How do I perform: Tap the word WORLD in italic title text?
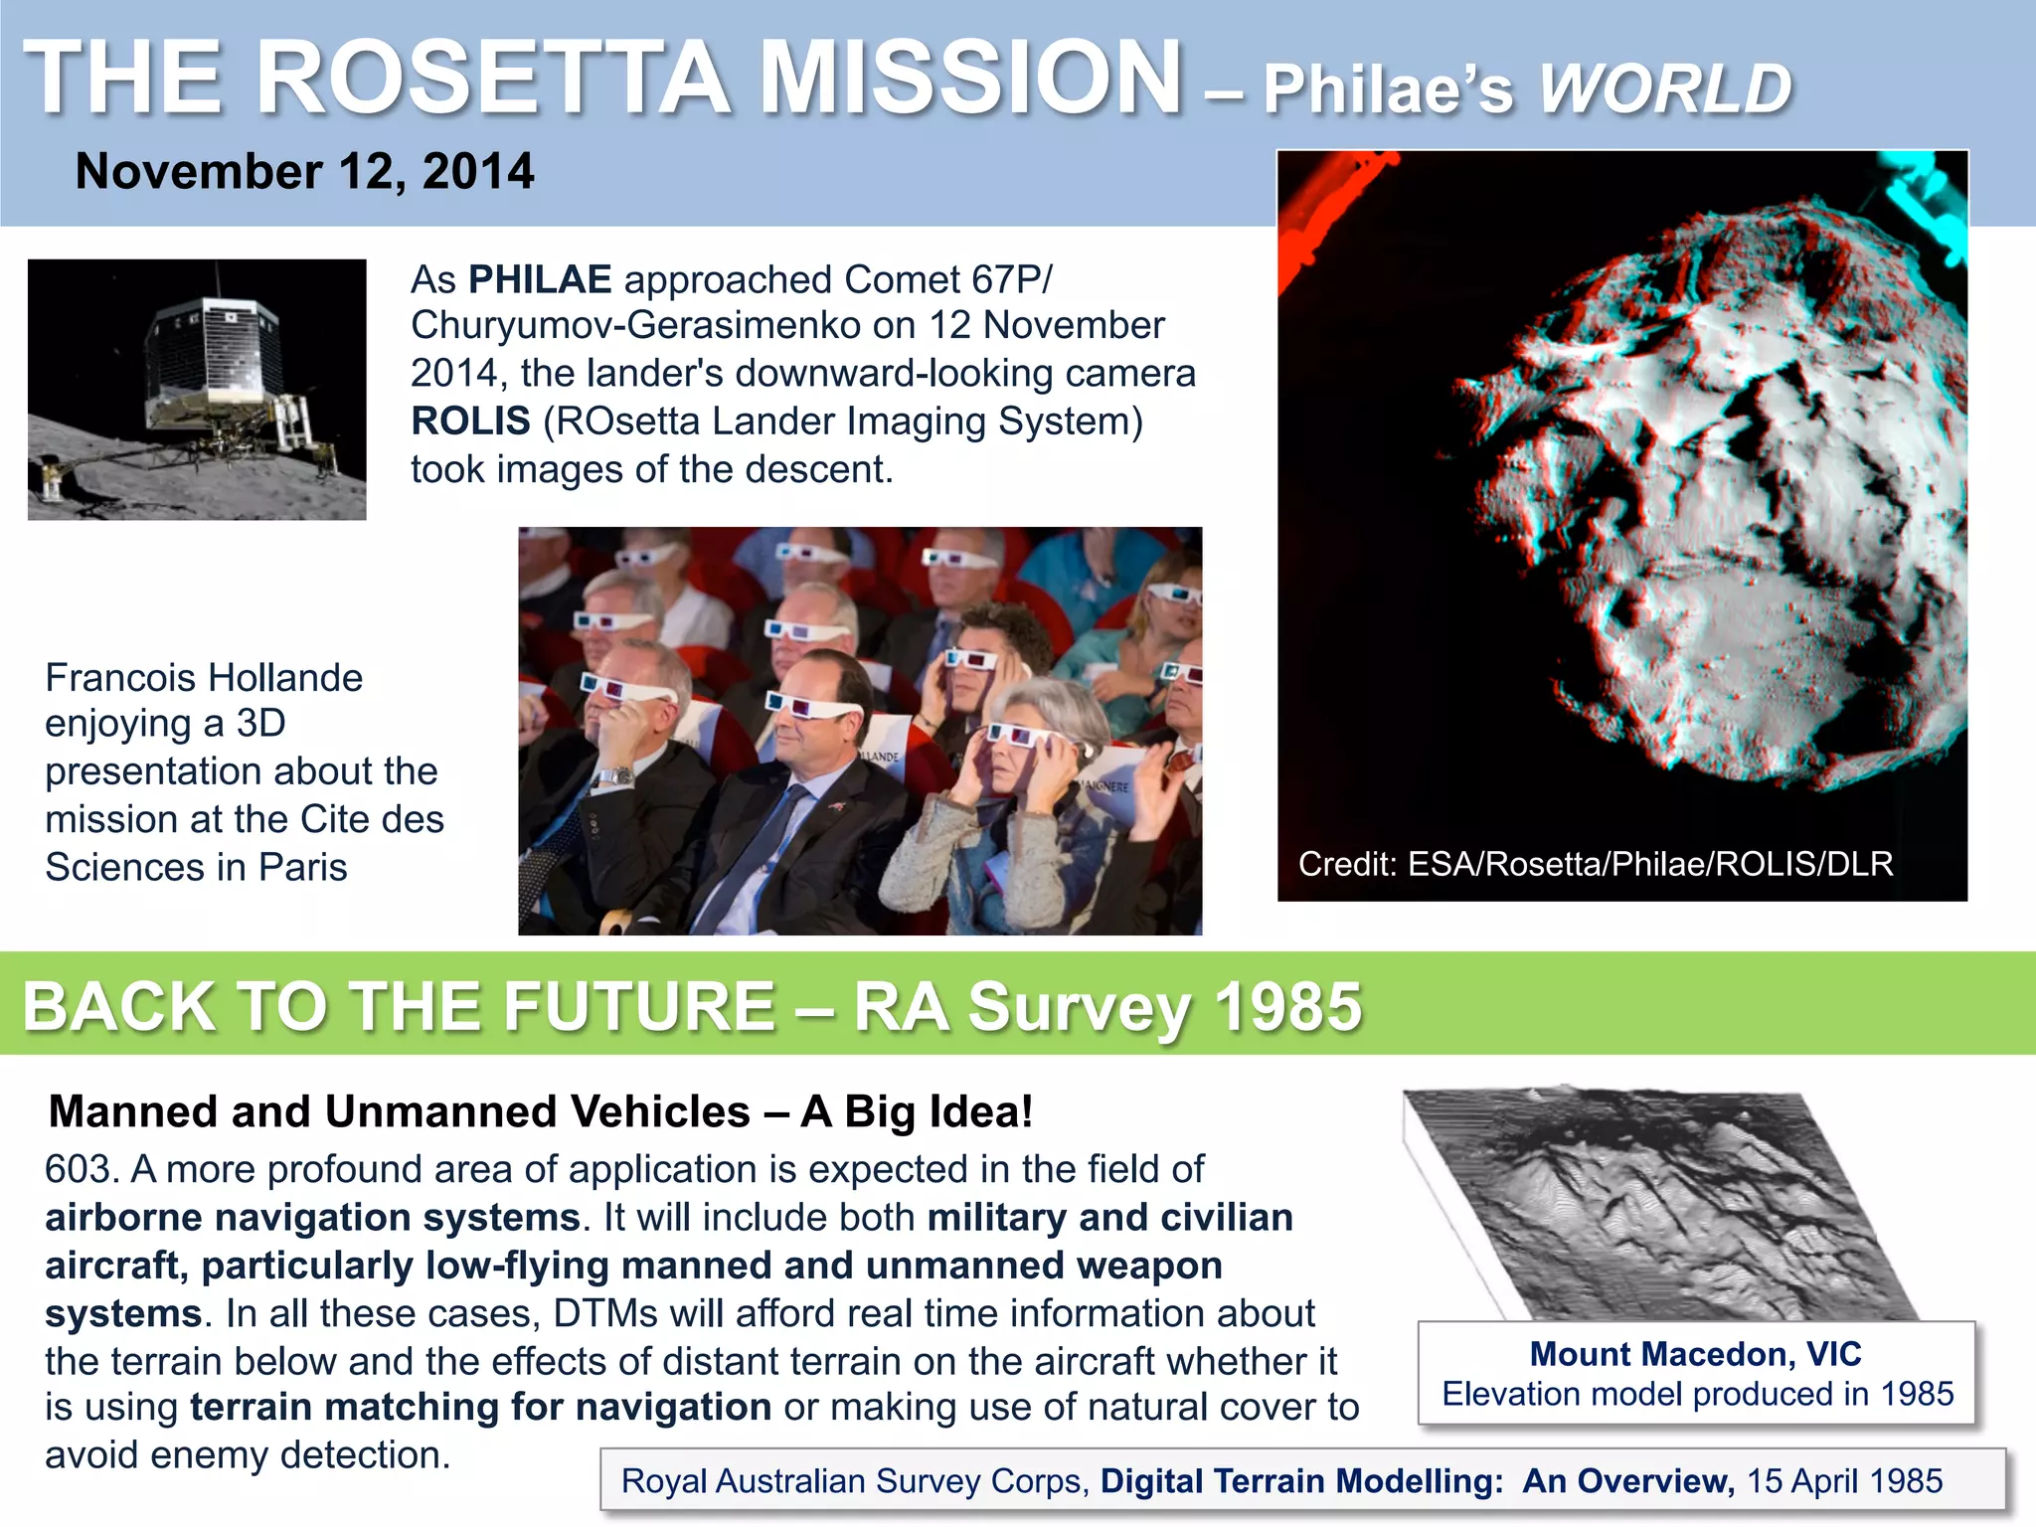[x=1665, y=90]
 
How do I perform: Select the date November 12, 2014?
[x=304, y=171]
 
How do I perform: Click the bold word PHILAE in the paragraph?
[x=540, y=280]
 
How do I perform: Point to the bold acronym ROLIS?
[x=470, y=422]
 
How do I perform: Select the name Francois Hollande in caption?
[x=204, y=678]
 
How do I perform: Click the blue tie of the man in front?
[x=756, y=855]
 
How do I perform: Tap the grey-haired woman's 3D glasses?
[x=1024, y=737]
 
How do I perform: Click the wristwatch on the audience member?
[x=613, y=776]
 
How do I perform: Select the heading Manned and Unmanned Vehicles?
[x=399, y=1111]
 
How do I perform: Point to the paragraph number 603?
[x=82, y=1170]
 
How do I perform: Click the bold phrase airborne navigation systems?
[x=312, y=1218]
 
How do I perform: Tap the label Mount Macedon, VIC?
[x=1695, y=1354]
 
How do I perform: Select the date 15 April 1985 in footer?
[x=1844, y=1481]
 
